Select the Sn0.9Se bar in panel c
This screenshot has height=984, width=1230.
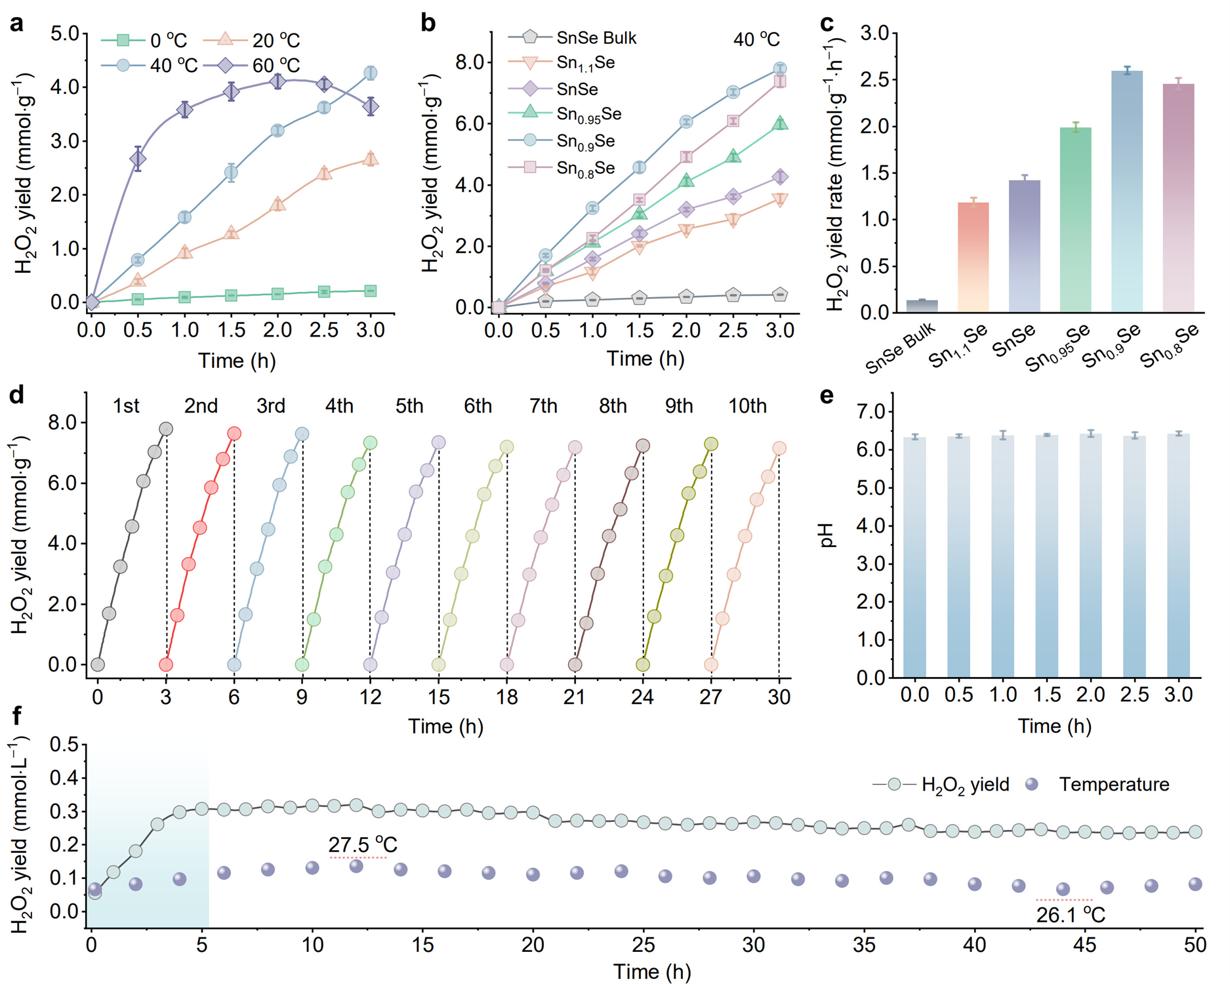pos(1126,190)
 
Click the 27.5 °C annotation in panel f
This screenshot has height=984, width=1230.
pos(363,844)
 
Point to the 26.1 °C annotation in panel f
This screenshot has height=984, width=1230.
pos(1071,914)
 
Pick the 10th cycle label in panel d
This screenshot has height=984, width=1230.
pos(747,406)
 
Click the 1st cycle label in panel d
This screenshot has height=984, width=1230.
pos(126,406)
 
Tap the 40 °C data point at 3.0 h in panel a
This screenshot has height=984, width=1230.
pos(370,73)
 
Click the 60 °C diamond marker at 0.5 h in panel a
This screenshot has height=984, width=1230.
pos(138,159)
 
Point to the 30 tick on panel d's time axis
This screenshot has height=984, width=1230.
pos(779,697)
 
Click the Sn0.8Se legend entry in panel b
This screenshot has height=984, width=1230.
pos(585,168)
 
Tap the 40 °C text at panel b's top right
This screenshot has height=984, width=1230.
pos(756,39)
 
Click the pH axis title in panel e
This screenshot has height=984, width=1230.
pos(827,535)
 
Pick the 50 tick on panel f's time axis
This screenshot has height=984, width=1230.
pos(1195,945)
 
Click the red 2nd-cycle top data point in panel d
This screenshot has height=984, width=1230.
pos(234,434)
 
